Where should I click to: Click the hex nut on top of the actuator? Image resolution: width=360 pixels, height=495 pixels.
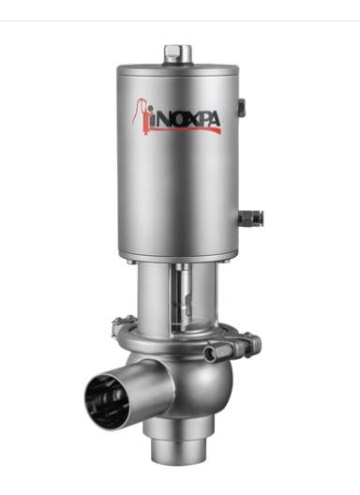pos(178,54)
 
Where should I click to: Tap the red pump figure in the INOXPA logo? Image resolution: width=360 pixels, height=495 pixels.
pos(142,116)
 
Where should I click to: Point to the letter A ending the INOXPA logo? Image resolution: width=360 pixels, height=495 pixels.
pos(213,120)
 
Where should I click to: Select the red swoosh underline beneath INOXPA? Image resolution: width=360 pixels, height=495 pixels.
pos(187,129)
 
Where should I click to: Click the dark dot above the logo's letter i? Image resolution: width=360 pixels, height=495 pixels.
pos(150,109)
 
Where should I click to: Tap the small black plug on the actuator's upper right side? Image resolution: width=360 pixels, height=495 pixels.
pos(242,108)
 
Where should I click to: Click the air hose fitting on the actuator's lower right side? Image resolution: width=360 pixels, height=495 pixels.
pos(250,218)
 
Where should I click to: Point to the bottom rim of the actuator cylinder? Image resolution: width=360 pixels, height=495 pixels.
pos(178,255)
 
